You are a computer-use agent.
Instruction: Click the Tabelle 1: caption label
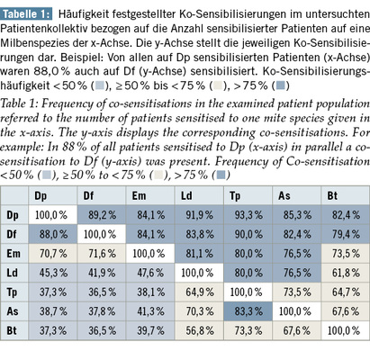pos(26,14)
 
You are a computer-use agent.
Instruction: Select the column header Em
pos(139,196)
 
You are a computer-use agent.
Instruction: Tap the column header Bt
pos(332,196)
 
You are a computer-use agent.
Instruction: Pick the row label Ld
pos(13,273)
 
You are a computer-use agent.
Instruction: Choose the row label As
pos(13,311)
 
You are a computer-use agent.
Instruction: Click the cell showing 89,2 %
pos(102,215)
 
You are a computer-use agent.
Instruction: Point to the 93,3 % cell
pos(248,215)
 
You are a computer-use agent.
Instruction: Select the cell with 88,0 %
pos(53,234)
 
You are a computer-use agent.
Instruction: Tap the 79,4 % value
pos(346,234)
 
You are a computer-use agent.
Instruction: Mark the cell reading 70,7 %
pos(53,254)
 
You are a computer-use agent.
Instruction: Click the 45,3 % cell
pos(53,273)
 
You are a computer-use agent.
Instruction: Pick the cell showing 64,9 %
pos(199,292)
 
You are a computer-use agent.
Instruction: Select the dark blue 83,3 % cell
pos(248,311)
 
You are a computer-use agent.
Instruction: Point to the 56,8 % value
pos(200,330)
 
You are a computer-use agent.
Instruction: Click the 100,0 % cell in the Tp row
pos(248,292)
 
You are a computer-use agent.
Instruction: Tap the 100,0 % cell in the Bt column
pos(346,330)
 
